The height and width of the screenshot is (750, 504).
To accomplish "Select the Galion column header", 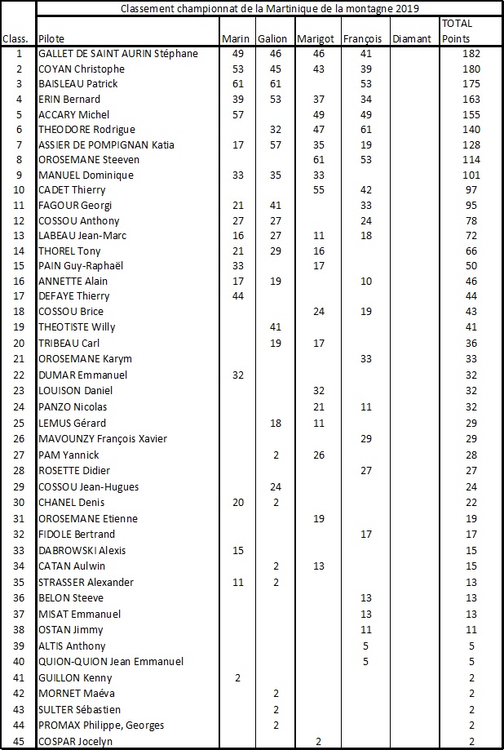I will pos(271,39).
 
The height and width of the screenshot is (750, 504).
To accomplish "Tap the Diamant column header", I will pos(409,39).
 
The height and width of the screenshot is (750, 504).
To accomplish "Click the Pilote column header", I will pos(52,39).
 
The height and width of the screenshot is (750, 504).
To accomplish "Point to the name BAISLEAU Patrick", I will pos(78,84).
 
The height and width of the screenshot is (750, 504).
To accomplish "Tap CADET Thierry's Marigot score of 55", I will pos(319,190).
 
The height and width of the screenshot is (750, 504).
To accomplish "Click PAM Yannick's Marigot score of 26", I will pos(319,455).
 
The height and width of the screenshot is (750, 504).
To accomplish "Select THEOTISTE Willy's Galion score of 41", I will pos(274,327).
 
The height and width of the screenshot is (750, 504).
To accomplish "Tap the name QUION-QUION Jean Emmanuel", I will pos(111,661).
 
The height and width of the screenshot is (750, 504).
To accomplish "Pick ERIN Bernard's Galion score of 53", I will pos(274,100).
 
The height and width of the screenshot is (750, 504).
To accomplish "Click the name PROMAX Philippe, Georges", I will pos(101,726).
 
